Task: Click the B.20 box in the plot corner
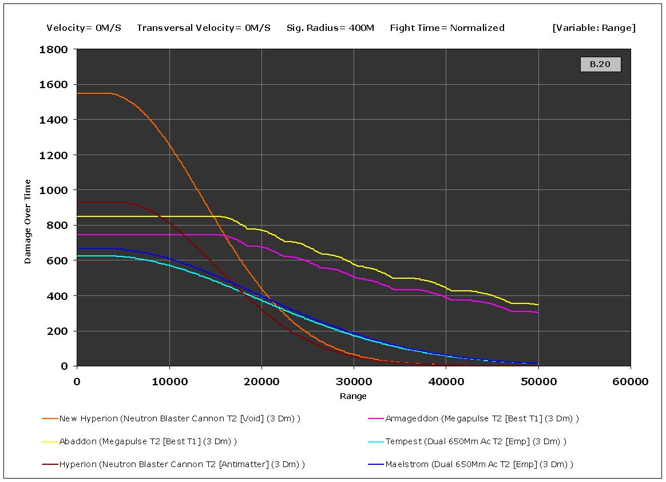(x=600, y=64)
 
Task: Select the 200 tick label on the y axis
(x=60, y=331)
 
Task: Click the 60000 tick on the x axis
(x=630, y=382)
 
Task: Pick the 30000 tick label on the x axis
(x=353, y=382)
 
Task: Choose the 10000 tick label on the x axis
(x=169, y=382)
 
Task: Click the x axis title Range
(x=353, y=396)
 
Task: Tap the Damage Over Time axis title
(x=28, y=222)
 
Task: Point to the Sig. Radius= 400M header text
(x=330, y=27)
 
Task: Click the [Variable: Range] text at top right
(x=594, y=27)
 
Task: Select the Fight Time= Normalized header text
(x=447, y=27)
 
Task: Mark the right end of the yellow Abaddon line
(x=538, y=305)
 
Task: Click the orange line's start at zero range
(x=78, y=93)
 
